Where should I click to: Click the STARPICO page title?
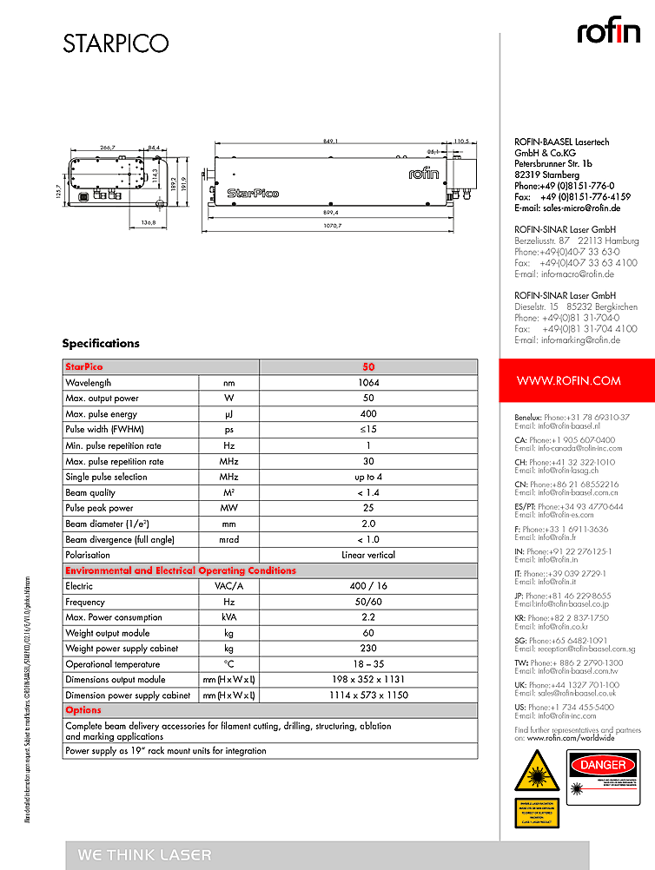[x=115, y=43]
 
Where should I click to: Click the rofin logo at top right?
[x=609, y=32]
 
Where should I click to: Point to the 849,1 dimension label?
[x=330, y=141]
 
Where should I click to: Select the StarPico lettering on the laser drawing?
[x=252, y=193]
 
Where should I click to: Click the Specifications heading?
[x=101, y=344]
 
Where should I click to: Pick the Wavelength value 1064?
[x=368, y=383]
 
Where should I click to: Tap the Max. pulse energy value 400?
[x=368, y=414]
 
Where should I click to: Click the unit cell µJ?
[x=228, y=414]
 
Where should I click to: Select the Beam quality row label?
[x=89, y=492]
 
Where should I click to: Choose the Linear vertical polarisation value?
[x=368, y=555]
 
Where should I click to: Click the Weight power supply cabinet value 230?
[x=368, y=649]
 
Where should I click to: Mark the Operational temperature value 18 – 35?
[x=368, y=664]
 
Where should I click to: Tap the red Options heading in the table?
[x=83, y=710]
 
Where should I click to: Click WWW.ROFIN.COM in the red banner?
[x=568, y=380]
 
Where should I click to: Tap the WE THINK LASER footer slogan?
[x=144, y=855]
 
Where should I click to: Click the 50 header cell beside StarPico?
[x=368, y=367]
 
